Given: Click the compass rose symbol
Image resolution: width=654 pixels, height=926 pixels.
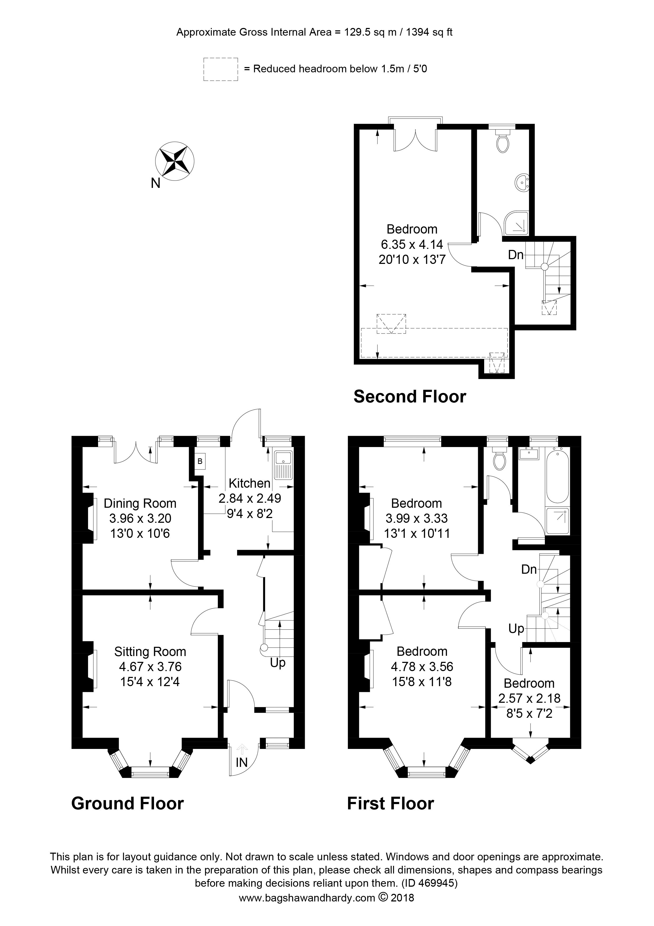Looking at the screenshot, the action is click(x=175, y=161).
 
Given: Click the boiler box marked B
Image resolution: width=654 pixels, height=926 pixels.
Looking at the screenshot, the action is click(x=200, y=460).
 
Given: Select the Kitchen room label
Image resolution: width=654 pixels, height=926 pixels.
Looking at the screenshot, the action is click(x=249, y=483).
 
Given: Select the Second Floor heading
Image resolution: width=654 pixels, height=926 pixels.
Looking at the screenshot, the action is click(x=410, y=397).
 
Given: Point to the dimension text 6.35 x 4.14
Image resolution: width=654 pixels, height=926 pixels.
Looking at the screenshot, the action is click(x=412, y=244).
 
